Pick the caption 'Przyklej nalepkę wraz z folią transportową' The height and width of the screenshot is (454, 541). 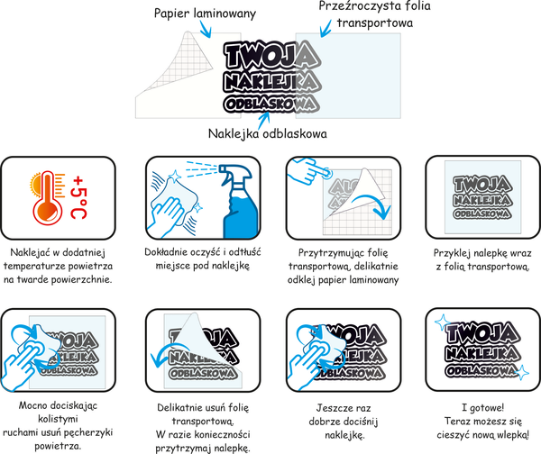click(478, 260)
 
